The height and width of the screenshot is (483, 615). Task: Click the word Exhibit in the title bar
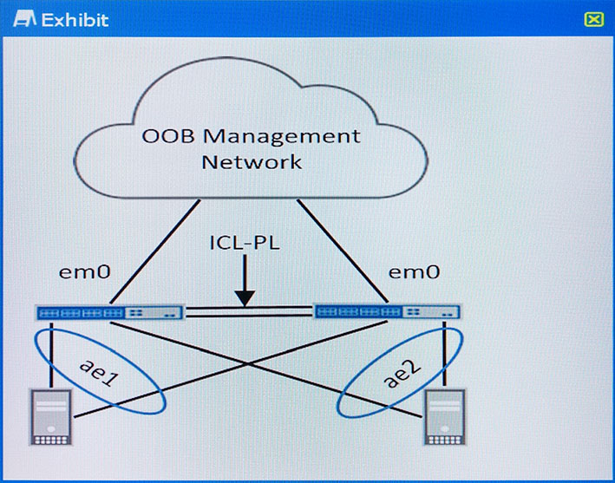tap(75, 20)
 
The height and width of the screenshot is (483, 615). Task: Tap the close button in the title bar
tap(593, 19)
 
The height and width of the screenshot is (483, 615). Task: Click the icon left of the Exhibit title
tap(24, 19)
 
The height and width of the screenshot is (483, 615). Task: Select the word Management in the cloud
tap(282, 137)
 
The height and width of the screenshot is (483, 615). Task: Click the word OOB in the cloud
tap(168, 136)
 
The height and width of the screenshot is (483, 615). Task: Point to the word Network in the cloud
tap(252, 162)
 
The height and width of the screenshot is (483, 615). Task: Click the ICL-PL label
tap(245, 243)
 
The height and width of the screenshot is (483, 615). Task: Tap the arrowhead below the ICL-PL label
tap(245, 298)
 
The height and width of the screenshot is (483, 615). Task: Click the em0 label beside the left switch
tap(84, 271)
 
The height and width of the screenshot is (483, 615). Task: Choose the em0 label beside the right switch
tap(414, 271)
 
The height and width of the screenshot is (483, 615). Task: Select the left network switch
tap(110, 312)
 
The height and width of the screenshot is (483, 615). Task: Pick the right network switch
tap(387, 312)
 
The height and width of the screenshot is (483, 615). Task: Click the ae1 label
tap(99, 373)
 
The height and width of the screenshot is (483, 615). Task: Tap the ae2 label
tap(401, 374)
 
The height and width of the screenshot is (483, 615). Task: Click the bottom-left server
tap(51, 417)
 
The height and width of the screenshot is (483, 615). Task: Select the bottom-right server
tap(445, 417)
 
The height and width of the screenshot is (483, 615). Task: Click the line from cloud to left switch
tap(155, 251)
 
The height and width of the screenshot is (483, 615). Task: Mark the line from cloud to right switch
tap(343, 251)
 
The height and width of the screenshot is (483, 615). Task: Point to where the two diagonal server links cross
tap(249, 364)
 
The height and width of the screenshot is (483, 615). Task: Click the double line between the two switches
tap(250, 311)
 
